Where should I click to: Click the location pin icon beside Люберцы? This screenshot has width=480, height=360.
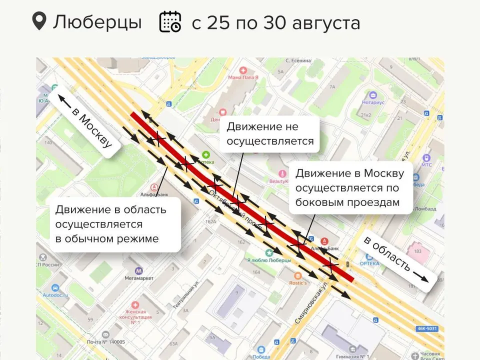point(38,21)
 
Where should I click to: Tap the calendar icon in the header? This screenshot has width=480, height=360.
point(170,22)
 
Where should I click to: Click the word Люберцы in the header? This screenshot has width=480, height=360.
point(97,22)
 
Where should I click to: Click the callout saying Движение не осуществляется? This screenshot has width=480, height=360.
point(270,134)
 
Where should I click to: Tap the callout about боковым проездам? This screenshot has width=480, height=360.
point(349,187)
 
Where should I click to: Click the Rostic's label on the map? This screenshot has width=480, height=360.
point(298,282)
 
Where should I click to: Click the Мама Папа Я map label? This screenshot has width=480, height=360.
point(243,77)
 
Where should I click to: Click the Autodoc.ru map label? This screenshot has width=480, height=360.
point(55,295)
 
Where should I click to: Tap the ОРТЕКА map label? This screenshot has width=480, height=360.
point(369,263)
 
